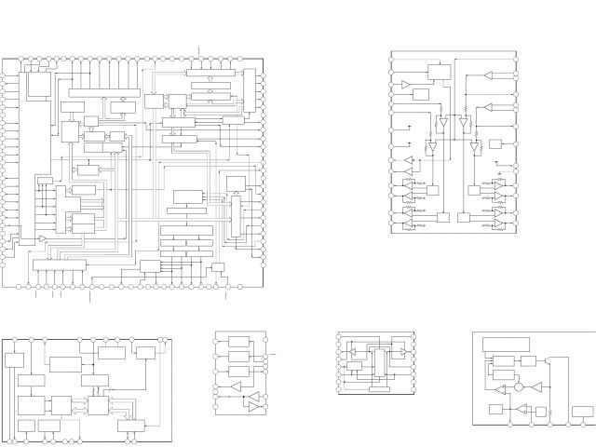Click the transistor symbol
547,360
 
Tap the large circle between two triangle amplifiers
519,386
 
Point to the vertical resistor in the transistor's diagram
549,413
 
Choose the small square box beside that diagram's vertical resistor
541,412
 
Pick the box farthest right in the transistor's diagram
583,412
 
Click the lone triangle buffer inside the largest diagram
42,239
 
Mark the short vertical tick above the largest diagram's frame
199,48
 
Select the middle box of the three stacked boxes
238,357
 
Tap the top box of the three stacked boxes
238,342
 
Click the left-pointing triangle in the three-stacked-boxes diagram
236,386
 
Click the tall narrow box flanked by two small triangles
379,362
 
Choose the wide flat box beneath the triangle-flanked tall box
379,389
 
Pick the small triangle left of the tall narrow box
353,351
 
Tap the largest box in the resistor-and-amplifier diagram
438,72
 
